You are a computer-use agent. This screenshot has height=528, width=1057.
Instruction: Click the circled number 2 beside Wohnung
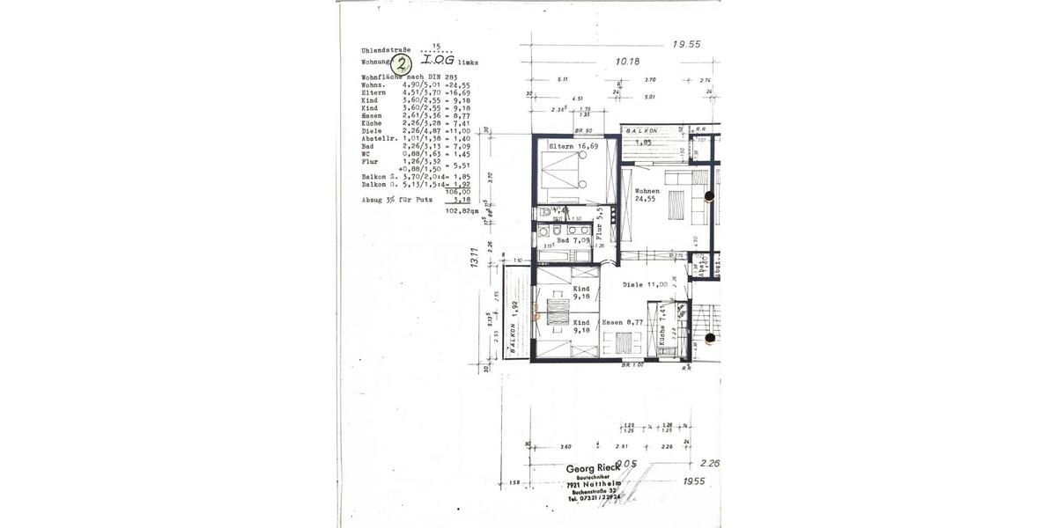pyautogui.click(x=402, y=63)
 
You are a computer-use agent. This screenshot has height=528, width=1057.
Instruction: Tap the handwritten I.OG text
pyautogui.click(x=438, y=62)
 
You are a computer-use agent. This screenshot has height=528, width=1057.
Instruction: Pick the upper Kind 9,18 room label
pyautogui.click(x=581, y=293)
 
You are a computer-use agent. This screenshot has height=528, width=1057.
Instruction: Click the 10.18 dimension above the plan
pyautogui.click(x=627, y=62)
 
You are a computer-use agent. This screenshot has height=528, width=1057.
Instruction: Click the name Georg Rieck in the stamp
pyautogui.click(x=596, y=469)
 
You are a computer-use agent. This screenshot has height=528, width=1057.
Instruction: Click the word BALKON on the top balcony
pyautogui.click(x=642, y=129)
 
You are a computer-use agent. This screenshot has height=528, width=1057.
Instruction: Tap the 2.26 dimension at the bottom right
pyautogui.click(x=709, y=463)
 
